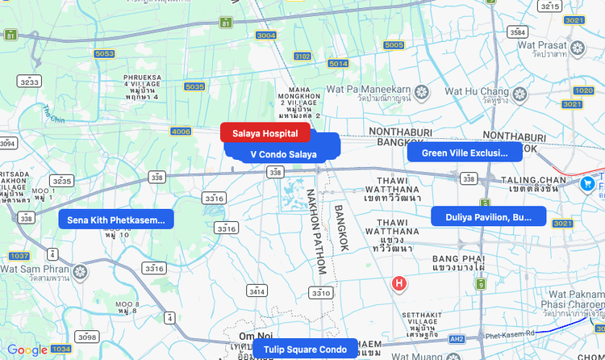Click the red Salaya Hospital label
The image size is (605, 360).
click(265, 133)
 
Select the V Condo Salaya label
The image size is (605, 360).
click(283, 154)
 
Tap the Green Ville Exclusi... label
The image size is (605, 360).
click(465, 153)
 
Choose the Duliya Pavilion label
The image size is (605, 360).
click(489, 217)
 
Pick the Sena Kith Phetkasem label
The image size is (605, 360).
click(116, 220)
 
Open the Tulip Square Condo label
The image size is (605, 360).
click(305, 350)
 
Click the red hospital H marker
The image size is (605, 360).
click(398, 283)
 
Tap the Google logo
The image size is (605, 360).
click(27, 350)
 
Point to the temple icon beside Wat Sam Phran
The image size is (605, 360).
click(80, 272)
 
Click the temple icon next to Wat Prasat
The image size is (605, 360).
click(577, 48)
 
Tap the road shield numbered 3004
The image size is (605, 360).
click(265, 36)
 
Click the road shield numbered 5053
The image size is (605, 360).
click(104, 54)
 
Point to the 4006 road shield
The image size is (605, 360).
click(181, 131)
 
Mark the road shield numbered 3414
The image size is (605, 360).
click(257, 291)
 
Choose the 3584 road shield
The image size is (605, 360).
click(518, 32)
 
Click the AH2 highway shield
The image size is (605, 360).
click(457, 339)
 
